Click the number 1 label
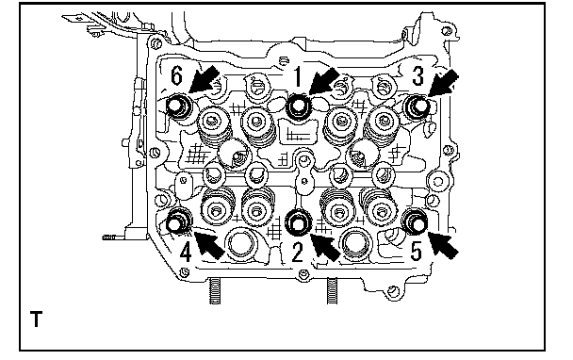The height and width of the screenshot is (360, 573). coord(298,77)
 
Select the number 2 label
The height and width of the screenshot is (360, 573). coord(298,252)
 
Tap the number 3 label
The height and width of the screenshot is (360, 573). coord(417,75)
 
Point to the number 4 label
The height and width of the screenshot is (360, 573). coord(185,252)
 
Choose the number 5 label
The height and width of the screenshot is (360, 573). coord(417,251)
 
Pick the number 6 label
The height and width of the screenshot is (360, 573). coord(176,75)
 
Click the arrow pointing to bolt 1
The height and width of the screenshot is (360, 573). coord(324,81)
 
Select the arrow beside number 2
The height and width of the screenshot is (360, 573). coord(326,247)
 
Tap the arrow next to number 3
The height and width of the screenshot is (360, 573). coord(443,83)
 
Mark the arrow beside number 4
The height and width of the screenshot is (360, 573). coord(209,246)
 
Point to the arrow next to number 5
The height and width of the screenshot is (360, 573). coord(443,245)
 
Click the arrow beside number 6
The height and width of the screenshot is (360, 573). coord(204,79)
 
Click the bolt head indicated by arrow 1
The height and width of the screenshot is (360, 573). coord(299,106)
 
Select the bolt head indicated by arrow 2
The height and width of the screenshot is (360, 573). coord(298,222)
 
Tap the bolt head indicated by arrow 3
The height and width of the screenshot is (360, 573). coord(417,106)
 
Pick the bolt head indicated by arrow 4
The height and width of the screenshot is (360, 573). coord(179,220)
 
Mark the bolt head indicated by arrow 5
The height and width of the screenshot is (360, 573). coord(415,221)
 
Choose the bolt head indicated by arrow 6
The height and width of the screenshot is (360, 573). coord(179,106)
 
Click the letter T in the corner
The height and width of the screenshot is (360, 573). coord(36,319)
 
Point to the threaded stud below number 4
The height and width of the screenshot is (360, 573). coord(215,290)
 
